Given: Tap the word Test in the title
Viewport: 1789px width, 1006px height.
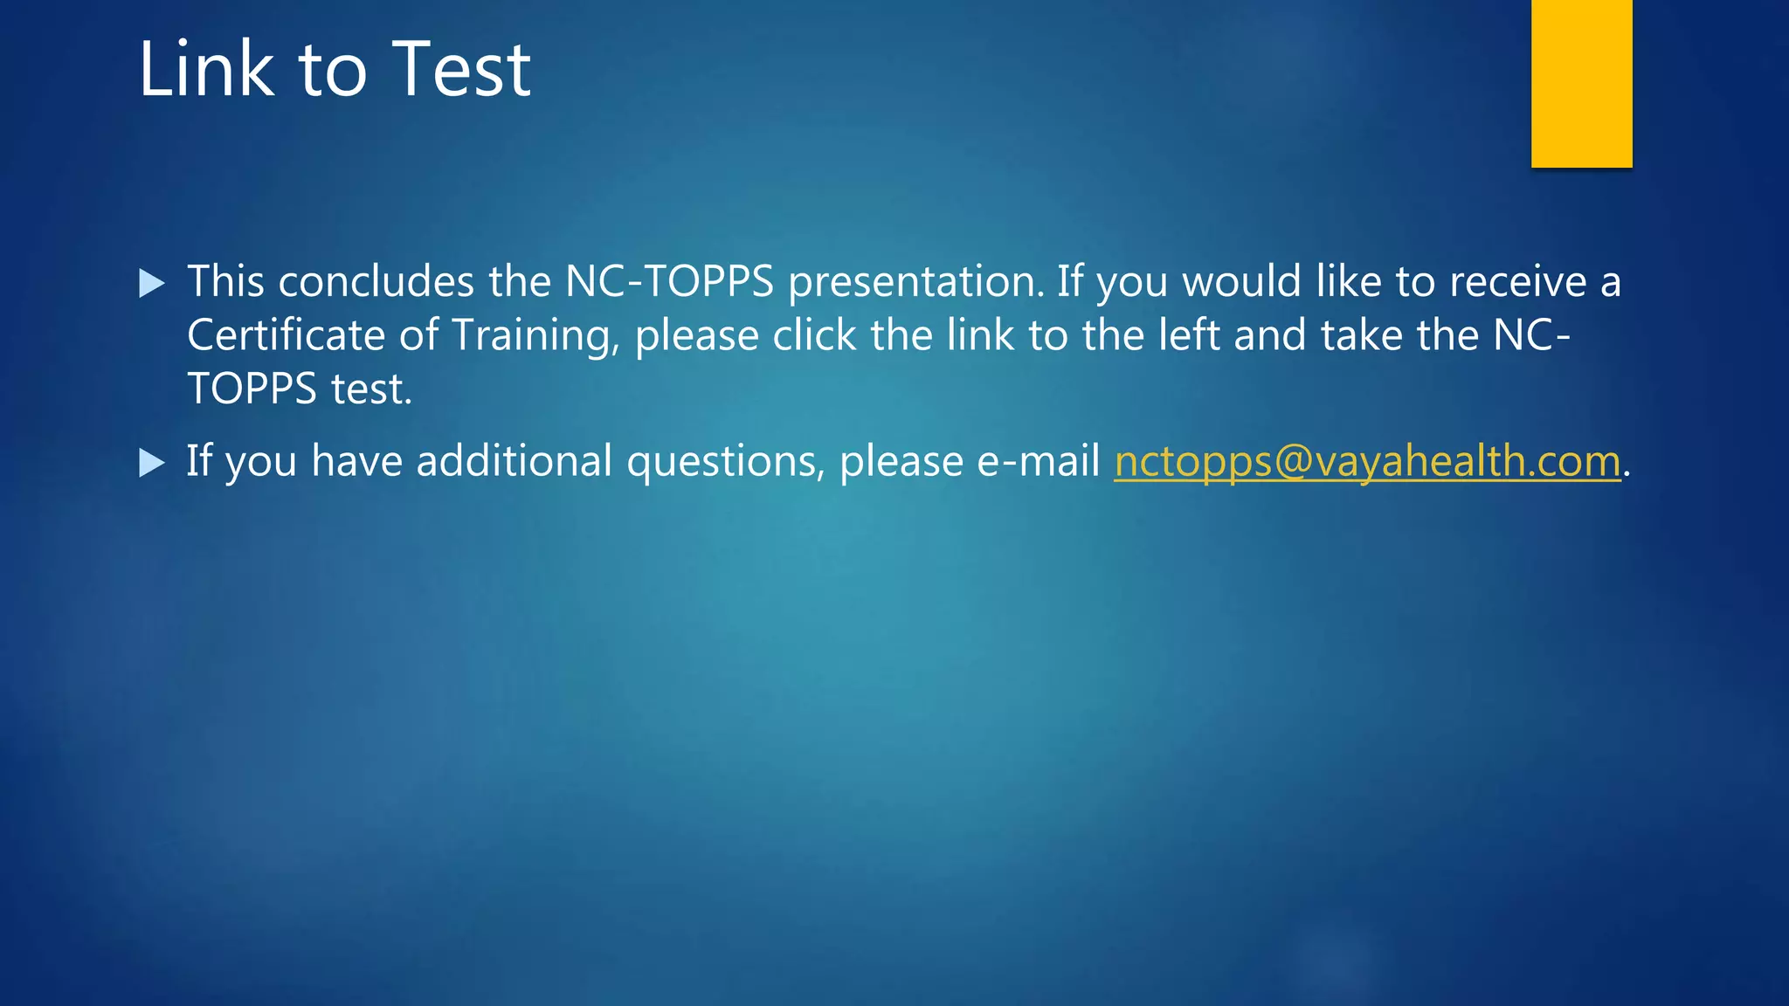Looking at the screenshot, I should coord(461,69).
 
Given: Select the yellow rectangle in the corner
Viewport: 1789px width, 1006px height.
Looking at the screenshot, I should coord(1581,83).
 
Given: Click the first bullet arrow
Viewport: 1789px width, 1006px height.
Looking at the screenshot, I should coord(152,283).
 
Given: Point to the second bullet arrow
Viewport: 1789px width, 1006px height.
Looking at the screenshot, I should coord(152,462).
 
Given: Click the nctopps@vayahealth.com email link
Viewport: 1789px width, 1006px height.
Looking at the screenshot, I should coord(1367,461).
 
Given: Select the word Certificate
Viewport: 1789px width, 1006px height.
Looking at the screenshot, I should coord(286,335).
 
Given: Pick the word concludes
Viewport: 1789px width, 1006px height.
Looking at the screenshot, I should coord(376,282).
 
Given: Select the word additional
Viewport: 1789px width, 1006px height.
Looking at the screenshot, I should coord(514,460).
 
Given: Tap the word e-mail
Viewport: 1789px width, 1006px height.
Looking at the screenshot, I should coord(1038,460).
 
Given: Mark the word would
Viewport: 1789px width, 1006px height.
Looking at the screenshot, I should coord(1241,282).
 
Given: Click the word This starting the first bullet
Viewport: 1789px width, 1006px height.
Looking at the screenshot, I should coord(225,282).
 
